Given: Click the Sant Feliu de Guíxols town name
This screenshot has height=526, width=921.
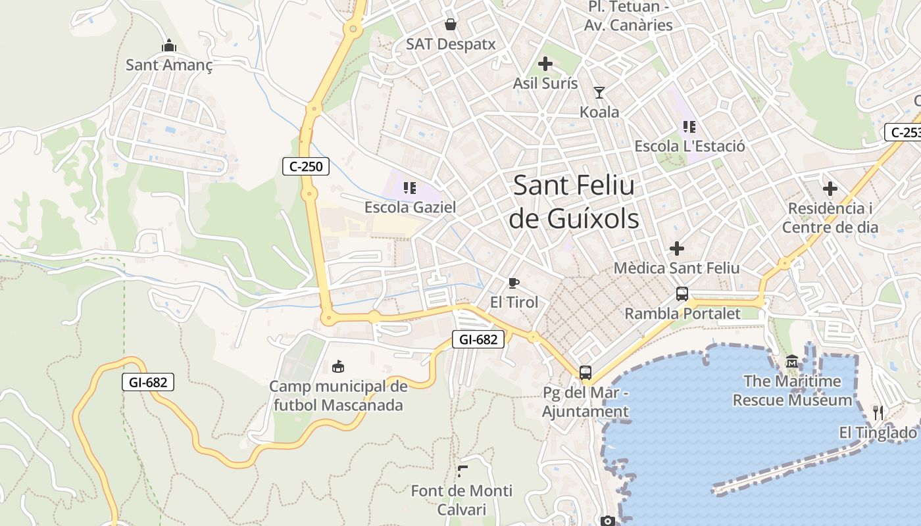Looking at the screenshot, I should [574, 201].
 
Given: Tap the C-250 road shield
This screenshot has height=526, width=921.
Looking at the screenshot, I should [306, 166].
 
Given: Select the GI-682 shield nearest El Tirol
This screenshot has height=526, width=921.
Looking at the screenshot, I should [478, 339].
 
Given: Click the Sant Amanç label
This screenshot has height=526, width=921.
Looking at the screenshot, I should [169, 65].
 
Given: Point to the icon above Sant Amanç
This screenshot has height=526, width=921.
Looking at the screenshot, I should [169, 45].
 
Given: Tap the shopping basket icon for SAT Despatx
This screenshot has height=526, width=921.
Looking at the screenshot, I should [451, 24].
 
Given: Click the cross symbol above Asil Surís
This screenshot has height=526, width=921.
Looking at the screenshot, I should [545, 64].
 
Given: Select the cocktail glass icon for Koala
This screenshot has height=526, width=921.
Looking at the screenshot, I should [599, 93].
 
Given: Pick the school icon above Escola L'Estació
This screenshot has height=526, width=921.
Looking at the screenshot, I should [689, 126].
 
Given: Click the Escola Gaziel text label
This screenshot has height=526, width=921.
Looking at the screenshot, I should [410, 207].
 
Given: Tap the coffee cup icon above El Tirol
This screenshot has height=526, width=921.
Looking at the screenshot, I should [514, 283].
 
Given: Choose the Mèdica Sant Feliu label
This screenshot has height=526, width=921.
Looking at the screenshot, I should [676, 268].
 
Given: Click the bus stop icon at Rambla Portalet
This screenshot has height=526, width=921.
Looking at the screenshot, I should [682, 294].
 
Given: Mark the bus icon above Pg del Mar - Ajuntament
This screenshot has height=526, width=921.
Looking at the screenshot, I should [585, 373].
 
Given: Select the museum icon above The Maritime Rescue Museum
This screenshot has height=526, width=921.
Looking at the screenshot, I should [792, 362].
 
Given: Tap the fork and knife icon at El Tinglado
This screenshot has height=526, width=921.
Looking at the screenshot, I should [878, 413].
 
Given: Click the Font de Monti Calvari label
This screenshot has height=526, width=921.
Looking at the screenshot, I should [461, 500].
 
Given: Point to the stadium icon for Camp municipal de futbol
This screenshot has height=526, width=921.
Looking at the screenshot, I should [338, 366].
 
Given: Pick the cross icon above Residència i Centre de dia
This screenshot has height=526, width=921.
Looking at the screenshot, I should [830, 189].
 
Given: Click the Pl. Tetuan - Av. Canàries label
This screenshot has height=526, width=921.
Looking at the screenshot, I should [629, 16].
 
